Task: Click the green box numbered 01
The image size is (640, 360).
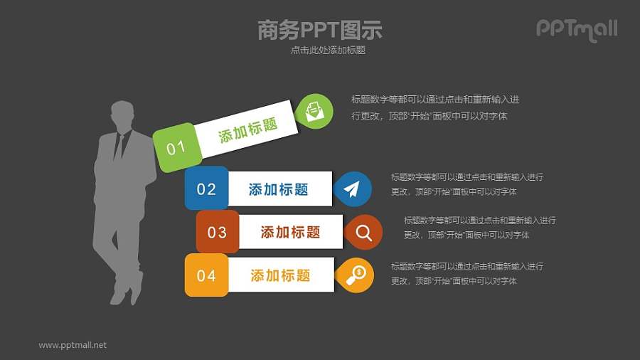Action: tap(175, 148)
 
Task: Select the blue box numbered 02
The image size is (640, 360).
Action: tap(206, 189)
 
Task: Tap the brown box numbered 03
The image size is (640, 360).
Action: tap(217, 232)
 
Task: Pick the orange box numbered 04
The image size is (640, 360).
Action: tap(206, 275)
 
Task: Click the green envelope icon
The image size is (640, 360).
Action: tap(314, 111)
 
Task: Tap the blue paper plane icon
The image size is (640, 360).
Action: tap(353, 189)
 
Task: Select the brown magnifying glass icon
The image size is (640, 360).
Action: tap(363, 232)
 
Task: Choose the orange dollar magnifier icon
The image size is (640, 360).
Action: tap(355, 275)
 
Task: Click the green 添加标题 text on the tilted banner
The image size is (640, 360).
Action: tap(247, 130)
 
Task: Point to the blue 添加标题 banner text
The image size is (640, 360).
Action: tap(278, 189)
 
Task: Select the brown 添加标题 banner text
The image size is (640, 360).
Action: tap(290, 232)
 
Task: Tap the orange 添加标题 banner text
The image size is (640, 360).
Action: tap(280, 275)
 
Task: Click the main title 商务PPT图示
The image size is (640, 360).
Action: tap(320, 30)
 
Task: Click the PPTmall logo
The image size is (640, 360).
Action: tap(576, 29)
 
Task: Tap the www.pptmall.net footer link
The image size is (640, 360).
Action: tap(73, 345)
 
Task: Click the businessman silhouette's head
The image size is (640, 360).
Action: tap(122, 115)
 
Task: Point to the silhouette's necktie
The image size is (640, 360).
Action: tap(119, 146)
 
